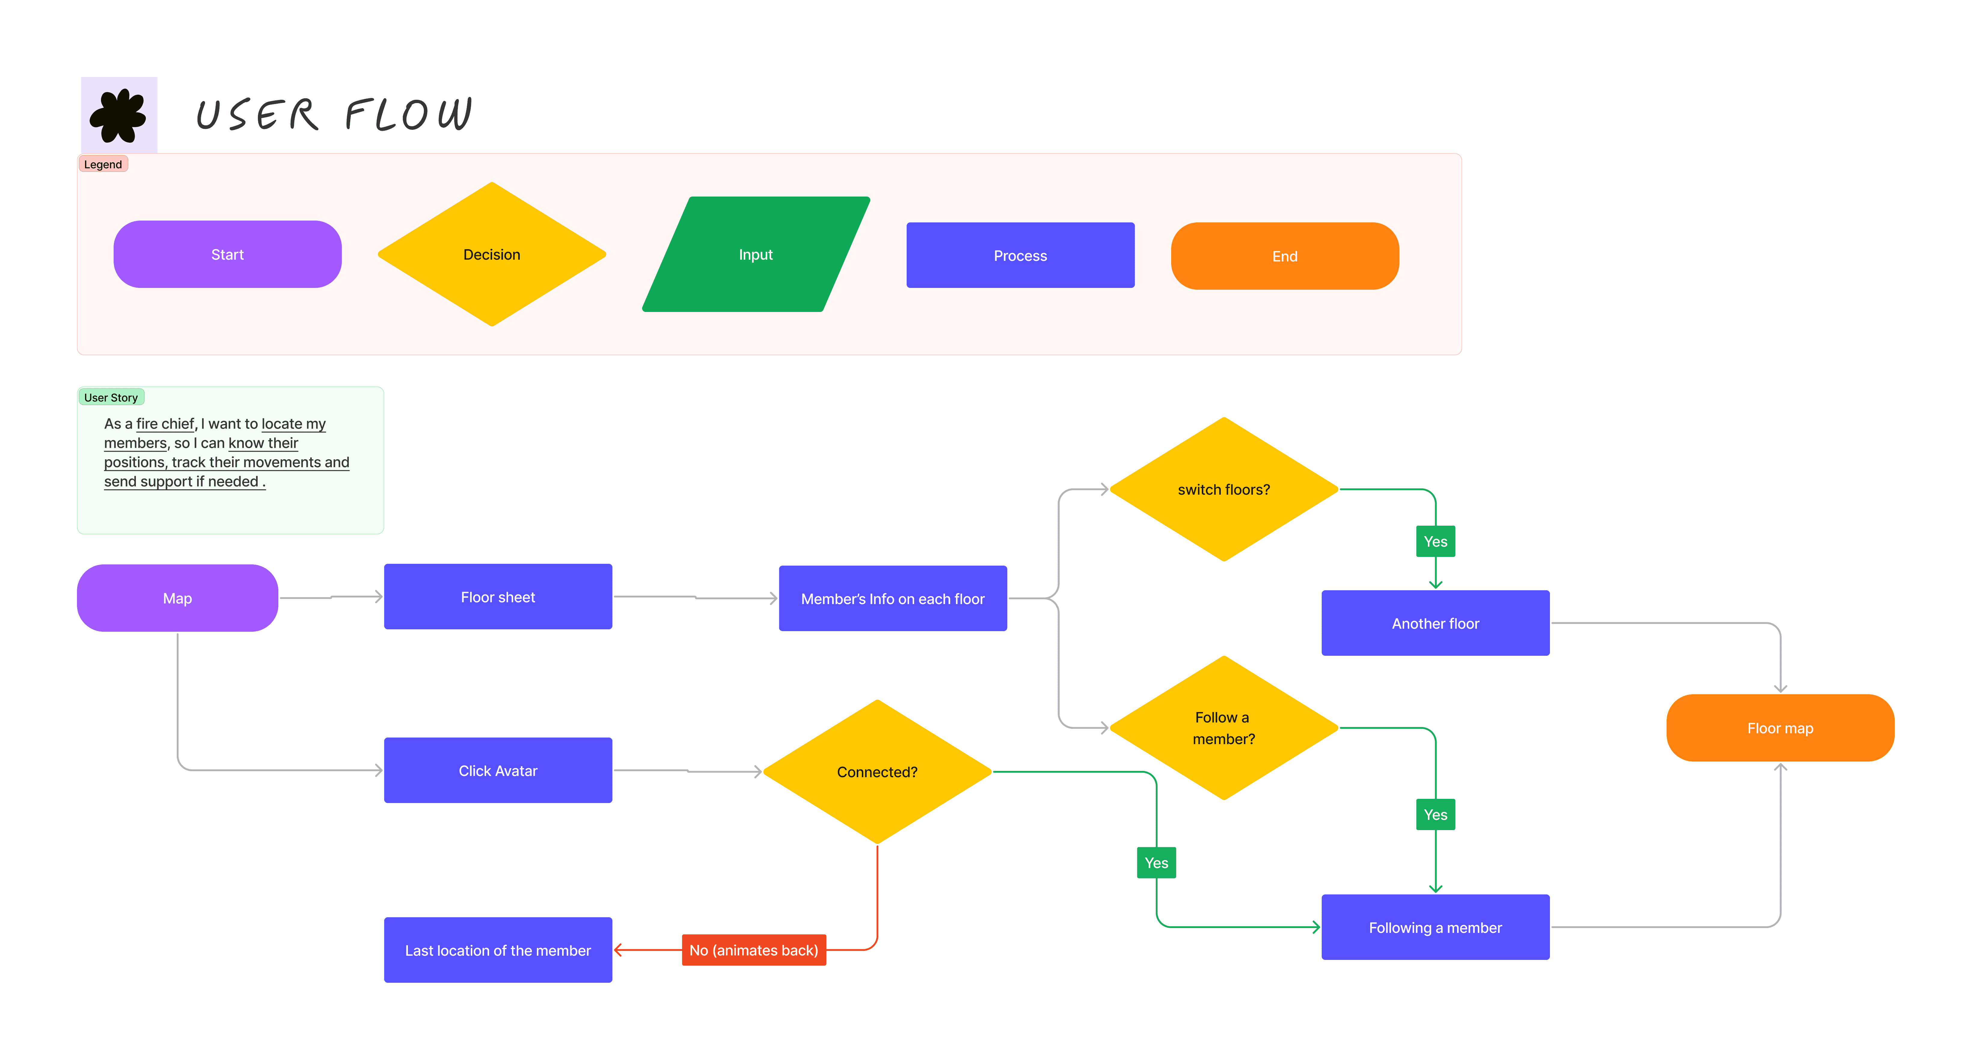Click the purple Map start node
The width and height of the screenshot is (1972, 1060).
pos(178,598)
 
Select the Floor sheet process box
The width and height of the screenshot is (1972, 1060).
pos(498,597)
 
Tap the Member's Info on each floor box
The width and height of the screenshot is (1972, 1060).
pos(893,598)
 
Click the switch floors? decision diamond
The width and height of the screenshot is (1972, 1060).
pos(1223,489)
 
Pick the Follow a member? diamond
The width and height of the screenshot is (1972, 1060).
pos(1223,728)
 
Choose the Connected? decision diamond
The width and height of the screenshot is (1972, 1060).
pos(877,771)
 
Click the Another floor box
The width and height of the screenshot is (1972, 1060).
pos(1435,623)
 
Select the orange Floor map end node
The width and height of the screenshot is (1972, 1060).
pos(1780,728)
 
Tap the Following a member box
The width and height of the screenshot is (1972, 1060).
pos(1435,927)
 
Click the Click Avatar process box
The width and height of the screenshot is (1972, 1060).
pos(498,770)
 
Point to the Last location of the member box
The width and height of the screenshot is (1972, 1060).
pos(498,950)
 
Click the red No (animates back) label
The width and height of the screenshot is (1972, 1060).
pos(753,950)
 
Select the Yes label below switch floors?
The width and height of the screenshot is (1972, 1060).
pos(1435,541)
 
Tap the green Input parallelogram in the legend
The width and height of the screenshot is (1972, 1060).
pos(755,254)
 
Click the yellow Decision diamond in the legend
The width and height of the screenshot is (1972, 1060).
pos(491,254)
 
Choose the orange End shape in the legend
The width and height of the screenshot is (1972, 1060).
pos(1285,256)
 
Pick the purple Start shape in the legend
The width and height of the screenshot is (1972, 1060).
pos(227,254)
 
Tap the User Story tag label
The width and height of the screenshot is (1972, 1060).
pos(111,397)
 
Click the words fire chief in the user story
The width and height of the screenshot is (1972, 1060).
pos(165,423)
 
